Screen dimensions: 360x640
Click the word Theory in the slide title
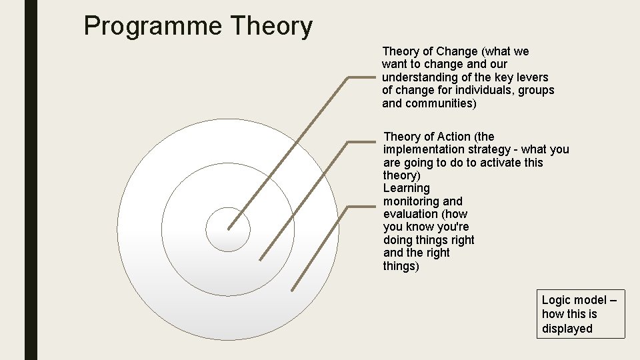(x=271, y=27)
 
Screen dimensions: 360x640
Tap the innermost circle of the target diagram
(x=228, y=229)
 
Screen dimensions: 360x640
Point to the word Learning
(x=407, y=188)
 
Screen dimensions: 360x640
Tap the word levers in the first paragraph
(x=531, y=77)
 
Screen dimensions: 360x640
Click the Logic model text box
(x=581, y=314)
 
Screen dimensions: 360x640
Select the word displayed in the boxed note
(x=567, y=328)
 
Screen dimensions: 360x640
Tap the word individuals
(x=480, y=90)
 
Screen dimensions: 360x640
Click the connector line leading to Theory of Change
(x=293, y=146)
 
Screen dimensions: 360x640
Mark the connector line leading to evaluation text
(x=320, y=247)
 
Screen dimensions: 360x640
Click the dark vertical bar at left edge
(x=31, y=180)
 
